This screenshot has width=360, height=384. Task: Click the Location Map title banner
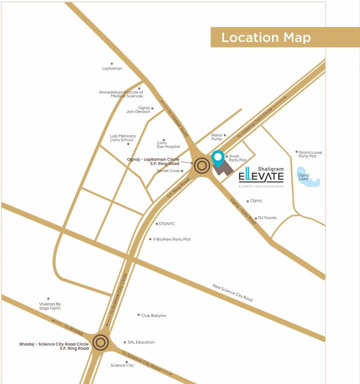pyautogui.click(x=284, y=37)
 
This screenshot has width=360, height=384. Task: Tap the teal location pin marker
pyautogui.click(x=217, y=158)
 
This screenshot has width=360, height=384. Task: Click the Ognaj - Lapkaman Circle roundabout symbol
pyautogui.click(x=202, y=165)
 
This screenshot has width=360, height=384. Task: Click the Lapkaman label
pyautogui.click(x=112, y=68)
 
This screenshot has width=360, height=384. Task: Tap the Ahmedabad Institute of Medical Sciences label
pyautogui.click(x=121, y=94)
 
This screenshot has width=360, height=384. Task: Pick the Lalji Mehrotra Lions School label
pyautogui.click(x=122, y=138)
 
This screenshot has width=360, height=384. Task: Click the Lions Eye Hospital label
pyautogui.click(x=168, y=144)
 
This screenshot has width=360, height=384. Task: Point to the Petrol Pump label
pyautogui.click(x=216, y=136)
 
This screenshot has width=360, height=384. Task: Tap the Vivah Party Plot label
pyautogui.click(x=237, y=158)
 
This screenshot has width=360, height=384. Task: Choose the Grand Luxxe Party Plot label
pyautogui.click(x=310, y=154)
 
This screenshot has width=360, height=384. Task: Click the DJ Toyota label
pyautogui.click(x=267, y=218)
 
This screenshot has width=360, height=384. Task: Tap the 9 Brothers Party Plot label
pyautogui.click(x=171, y=239)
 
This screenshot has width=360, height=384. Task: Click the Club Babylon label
pyautogui.click(x=153, y=315)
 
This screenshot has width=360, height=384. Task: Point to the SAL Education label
pyautogui.click(x=141, y=342)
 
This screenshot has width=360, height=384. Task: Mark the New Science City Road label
pyautogui.click(x=232, y=293)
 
